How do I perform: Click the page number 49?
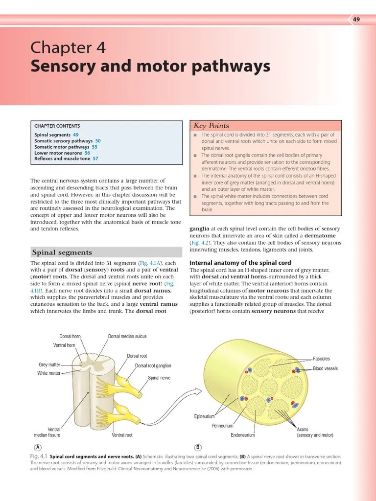(356, 19)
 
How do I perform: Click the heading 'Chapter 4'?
(68, 48)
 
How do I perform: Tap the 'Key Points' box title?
(211, 126)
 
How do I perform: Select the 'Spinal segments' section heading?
(62, 252)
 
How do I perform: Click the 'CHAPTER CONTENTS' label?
(57, 126)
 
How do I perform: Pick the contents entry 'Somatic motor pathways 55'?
(66, 147)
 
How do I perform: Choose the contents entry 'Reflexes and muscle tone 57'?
(66, 159)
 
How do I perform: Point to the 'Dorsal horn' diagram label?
(70, 337)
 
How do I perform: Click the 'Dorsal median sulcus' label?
(127, 337)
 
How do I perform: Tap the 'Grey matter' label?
(49, 365)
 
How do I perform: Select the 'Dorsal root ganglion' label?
(153, 365)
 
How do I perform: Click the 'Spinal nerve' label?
(159, 378)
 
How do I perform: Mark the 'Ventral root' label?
(122, 435)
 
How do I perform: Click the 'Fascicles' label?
(321, 359)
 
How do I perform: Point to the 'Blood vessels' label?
(325, 368)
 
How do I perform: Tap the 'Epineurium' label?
(205, 417)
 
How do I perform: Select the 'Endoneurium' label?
(243, 435)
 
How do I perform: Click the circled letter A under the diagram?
(38, 447)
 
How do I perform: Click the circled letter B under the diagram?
(198, 447)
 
